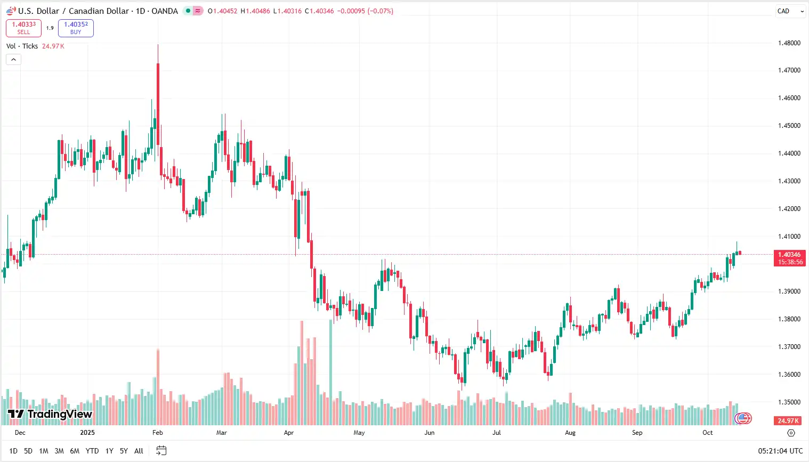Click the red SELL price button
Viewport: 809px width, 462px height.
(x=23, y=28)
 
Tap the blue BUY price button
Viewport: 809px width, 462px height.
(x=76, y=28)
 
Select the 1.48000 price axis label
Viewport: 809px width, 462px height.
(x=789, y=43)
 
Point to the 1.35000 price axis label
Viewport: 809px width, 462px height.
(x=789, y=402)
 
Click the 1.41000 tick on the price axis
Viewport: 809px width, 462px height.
(x=789, y=237)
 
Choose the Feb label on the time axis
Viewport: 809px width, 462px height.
(x=157, y=433)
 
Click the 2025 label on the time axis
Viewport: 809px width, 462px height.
(x=87, y=433)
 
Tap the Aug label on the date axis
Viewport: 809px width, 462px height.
(x=570, y=433)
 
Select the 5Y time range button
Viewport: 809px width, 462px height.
(x=124, y=451)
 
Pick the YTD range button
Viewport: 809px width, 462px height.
(x=92, y=451)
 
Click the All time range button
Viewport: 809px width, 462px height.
(x=139, y=451)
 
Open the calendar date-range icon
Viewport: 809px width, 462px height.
(x=161, y=451)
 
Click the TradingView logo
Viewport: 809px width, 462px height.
(x=50, y=414)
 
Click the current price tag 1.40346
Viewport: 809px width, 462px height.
(x=789, y=255)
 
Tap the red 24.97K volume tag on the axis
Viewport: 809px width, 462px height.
(x=788, y=420)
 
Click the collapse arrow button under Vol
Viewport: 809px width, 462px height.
(x=13, y=59)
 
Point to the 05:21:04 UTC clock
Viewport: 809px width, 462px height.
(x=780, y=451)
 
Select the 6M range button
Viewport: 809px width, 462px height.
(x=75, y=451)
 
